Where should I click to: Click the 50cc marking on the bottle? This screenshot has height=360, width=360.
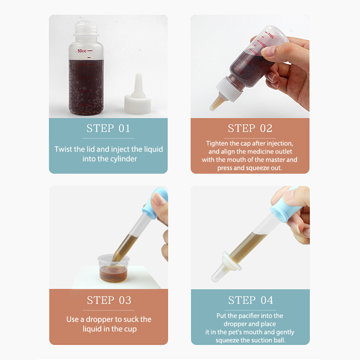[82, 51]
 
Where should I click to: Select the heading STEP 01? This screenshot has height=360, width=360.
[108, 128]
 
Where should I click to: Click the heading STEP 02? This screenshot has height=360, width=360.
[250, 128]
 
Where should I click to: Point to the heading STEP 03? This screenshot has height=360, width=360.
[109, 300]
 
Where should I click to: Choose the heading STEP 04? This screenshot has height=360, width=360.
[251, 300]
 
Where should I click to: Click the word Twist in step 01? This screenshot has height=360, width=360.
[63, 149]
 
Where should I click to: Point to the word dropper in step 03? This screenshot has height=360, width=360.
[99, 319]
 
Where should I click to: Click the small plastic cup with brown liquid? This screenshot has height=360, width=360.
[113, 268]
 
